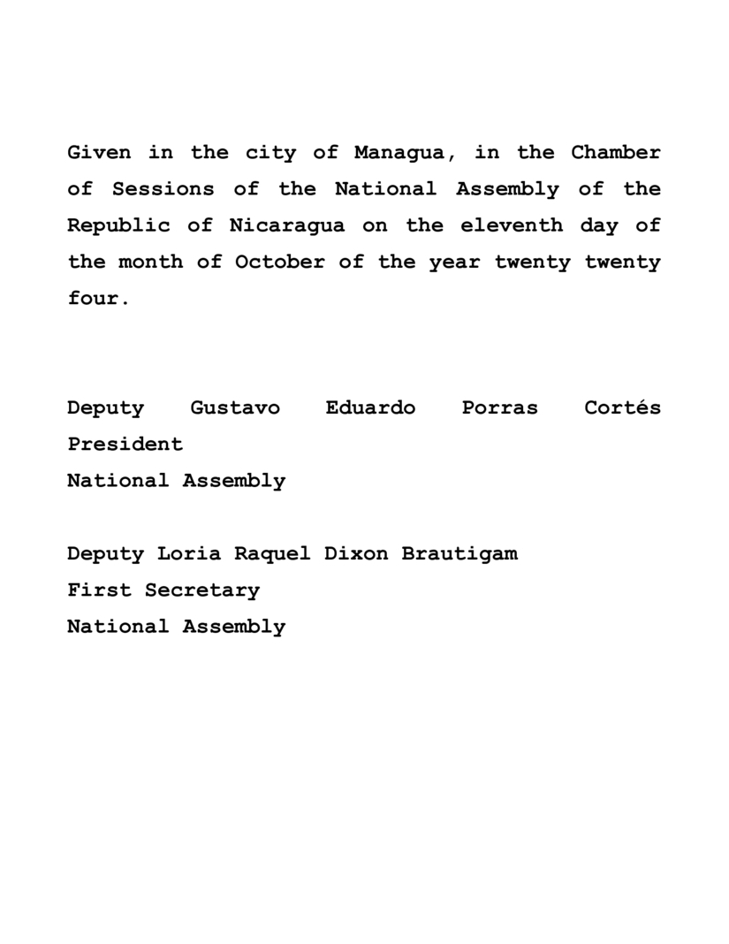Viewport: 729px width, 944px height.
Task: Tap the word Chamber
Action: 615,153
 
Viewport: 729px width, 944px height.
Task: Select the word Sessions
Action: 163,189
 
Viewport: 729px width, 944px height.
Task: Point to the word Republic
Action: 118,225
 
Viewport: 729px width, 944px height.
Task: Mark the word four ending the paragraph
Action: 94,298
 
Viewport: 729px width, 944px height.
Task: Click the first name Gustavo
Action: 235,408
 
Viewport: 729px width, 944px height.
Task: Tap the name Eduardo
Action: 370,408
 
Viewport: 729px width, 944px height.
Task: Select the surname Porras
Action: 499,408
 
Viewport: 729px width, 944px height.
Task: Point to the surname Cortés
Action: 622,408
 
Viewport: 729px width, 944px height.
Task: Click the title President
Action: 125,445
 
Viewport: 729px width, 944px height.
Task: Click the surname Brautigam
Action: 459,554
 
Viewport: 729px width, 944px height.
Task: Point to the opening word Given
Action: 99,153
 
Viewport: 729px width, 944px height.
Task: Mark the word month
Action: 150,262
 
